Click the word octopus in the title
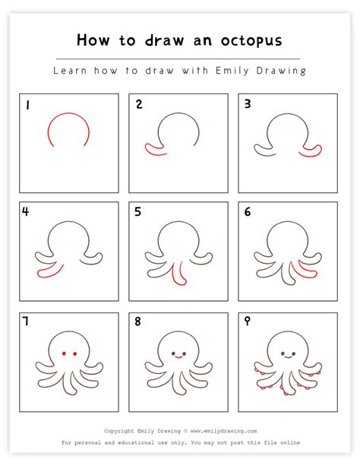251,41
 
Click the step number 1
27,105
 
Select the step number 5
137,211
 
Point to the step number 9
247,321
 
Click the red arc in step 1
68,113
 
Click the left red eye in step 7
64,353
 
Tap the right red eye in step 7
75,353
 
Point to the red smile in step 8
178,357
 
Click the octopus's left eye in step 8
173,353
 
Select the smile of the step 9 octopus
288,357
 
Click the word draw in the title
164,40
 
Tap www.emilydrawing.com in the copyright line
223,431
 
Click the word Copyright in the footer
118,431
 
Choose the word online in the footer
290,442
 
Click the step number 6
248,211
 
